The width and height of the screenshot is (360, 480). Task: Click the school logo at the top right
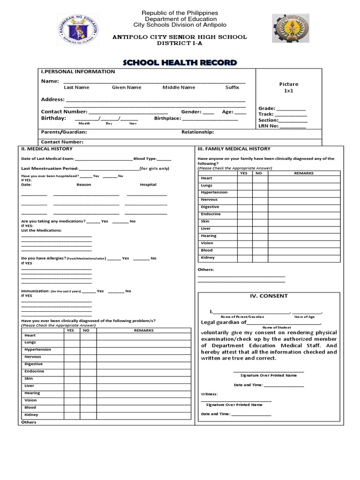[x=290, y=28]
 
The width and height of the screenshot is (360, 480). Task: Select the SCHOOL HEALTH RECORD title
[x=180, y=63]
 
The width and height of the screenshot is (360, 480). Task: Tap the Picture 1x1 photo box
[x=288, y=87]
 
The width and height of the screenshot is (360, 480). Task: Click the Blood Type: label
[x=145, y=159]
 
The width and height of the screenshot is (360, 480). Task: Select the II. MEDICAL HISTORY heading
[x=47, y=149]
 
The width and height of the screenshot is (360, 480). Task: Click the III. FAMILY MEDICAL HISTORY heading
[x=233, y=149]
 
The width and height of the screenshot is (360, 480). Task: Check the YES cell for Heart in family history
[x=244, y=179]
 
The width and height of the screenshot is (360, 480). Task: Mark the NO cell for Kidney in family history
[x=259, y=258]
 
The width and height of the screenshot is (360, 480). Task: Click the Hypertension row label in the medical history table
[x=37, y=350]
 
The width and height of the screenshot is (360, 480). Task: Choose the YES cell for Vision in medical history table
[x=71, y=401]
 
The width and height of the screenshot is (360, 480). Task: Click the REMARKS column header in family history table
[x=303, y=173]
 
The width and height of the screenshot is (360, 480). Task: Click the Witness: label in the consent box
[x=210, y=394]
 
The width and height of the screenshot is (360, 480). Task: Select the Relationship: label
[x=197, y=132]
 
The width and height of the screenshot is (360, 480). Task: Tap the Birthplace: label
[x=167, y=119]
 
